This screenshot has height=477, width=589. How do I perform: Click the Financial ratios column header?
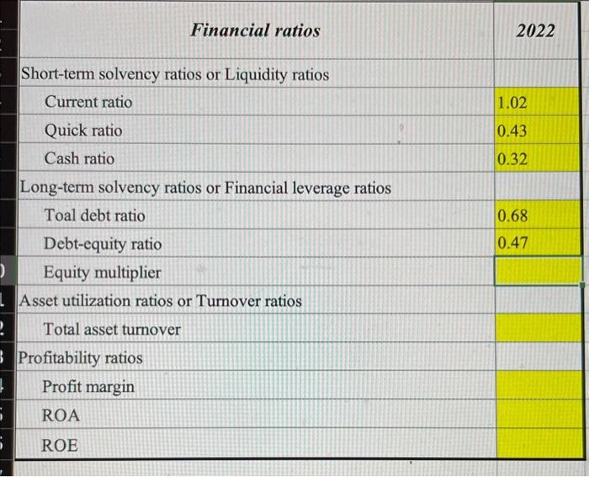255,31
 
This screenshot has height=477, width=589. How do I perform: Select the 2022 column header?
536,31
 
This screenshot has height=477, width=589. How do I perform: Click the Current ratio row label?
88,102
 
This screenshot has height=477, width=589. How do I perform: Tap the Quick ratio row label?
83,131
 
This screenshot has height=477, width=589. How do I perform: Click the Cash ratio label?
80,158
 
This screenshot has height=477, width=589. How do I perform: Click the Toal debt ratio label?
94,216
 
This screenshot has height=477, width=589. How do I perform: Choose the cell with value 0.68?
512,217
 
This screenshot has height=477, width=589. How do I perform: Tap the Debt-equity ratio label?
103,244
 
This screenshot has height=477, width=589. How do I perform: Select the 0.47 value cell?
512,244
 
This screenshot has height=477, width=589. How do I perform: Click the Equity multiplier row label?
102,273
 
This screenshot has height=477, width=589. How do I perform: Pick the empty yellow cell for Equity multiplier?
538,271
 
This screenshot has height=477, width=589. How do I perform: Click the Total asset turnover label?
112,330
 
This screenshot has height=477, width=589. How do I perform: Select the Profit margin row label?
88,387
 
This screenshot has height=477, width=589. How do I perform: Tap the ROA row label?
61,416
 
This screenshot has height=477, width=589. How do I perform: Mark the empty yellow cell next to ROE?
538,443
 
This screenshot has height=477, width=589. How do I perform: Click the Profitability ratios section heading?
81,358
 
